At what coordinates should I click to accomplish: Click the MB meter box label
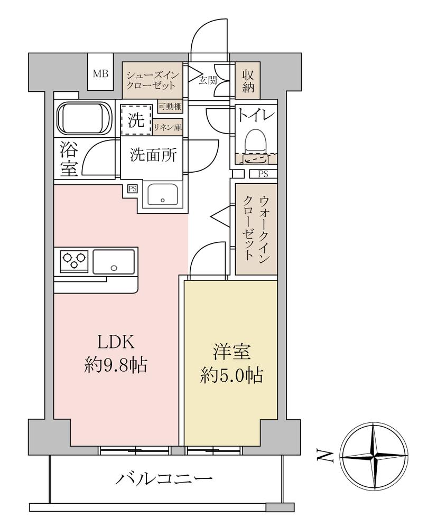pos(100,74)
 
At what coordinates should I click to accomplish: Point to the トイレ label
pos(256,116)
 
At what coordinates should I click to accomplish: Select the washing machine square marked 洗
pos(136,120)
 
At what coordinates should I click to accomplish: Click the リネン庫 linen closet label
pos(168,127)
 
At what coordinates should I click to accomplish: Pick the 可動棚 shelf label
pos(170,107)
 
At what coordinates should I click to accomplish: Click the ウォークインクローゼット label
pos(256,226)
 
